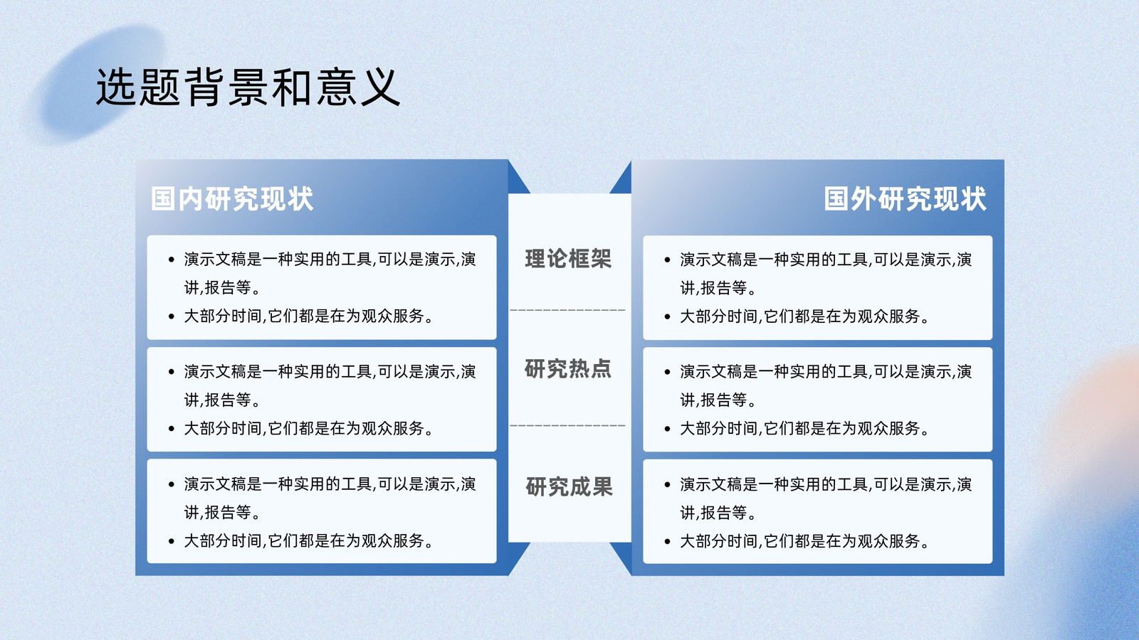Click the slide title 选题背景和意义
point(248,87)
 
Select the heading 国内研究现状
point(232,198)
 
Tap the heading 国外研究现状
point(905,198)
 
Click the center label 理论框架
point(568,259)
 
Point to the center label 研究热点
point(568,369)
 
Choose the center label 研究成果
point(569,486)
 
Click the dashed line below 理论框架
point(567,310)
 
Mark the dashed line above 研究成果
point(567,426)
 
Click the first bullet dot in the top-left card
point(172,260)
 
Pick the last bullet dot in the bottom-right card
point(667,541)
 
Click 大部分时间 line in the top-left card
point(308,316)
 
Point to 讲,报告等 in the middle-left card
point(221,400)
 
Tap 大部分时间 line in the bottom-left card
point(308,540)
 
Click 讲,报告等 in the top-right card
point(718,288)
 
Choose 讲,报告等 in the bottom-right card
point(718,513)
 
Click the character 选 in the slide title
point(116,87)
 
